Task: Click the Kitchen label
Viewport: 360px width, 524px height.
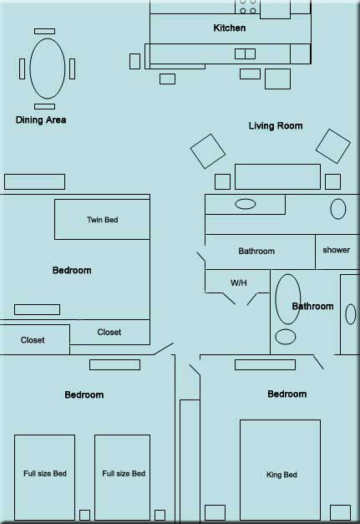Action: click(230, 28)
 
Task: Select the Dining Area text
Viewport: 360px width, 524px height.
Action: click(41, 120)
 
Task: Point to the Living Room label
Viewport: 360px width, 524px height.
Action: click(276, 125)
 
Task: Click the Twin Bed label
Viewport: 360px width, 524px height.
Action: click(102, 220)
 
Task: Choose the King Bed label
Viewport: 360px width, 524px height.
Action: click(281, 475)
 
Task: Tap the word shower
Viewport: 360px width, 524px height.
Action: click(337, 250)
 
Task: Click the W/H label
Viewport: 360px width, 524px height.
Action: click(238, 282)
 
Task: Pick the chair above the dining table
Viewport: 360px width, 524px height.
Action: click(45, 31)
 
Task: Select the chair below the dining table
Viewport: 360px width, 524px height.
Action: click(45, 106)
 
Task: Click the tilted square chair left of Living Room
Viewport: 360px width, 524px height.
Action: click(208, 151)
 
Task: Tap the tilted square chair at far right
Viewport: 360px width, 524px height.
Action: click(333, 146)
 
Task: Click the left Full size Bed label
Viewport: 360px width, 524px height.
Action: click(45, 474)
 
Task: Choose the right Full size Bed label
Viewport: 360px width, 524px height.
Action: click(124, 474)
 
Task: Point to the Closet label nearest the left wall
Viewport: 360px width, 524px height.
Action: click(33, 340)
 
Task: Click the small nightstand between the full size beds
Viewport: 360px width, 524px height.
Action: click(84, 515)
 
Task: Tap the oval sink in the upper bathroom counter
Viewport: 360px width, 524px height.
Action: click(246, 204)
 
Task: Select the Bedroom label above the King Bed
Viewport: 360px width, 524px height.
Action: click(286, 394)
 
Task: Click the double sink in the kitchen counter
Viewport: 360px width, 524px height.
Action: click(245, 53)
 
